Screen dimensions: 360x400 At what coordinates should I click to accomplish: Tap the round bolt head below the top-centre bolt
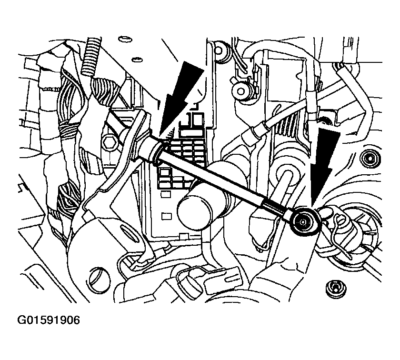click(x=240, y=90)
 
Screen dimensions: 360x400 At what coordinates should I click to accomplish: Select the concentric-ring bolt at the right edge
click(x=368, y=158)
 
